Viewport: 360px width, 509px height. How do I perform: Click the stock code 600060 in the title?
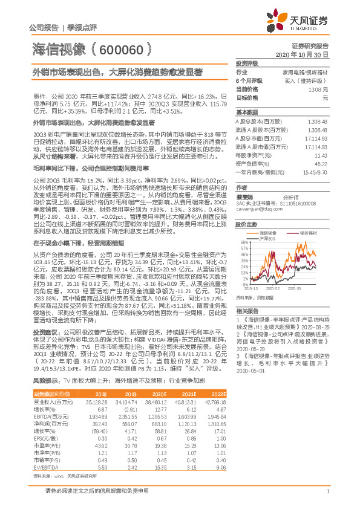pos(120,50)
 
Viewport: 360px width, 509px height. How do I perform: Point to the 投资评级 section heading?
pos(247,63)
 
